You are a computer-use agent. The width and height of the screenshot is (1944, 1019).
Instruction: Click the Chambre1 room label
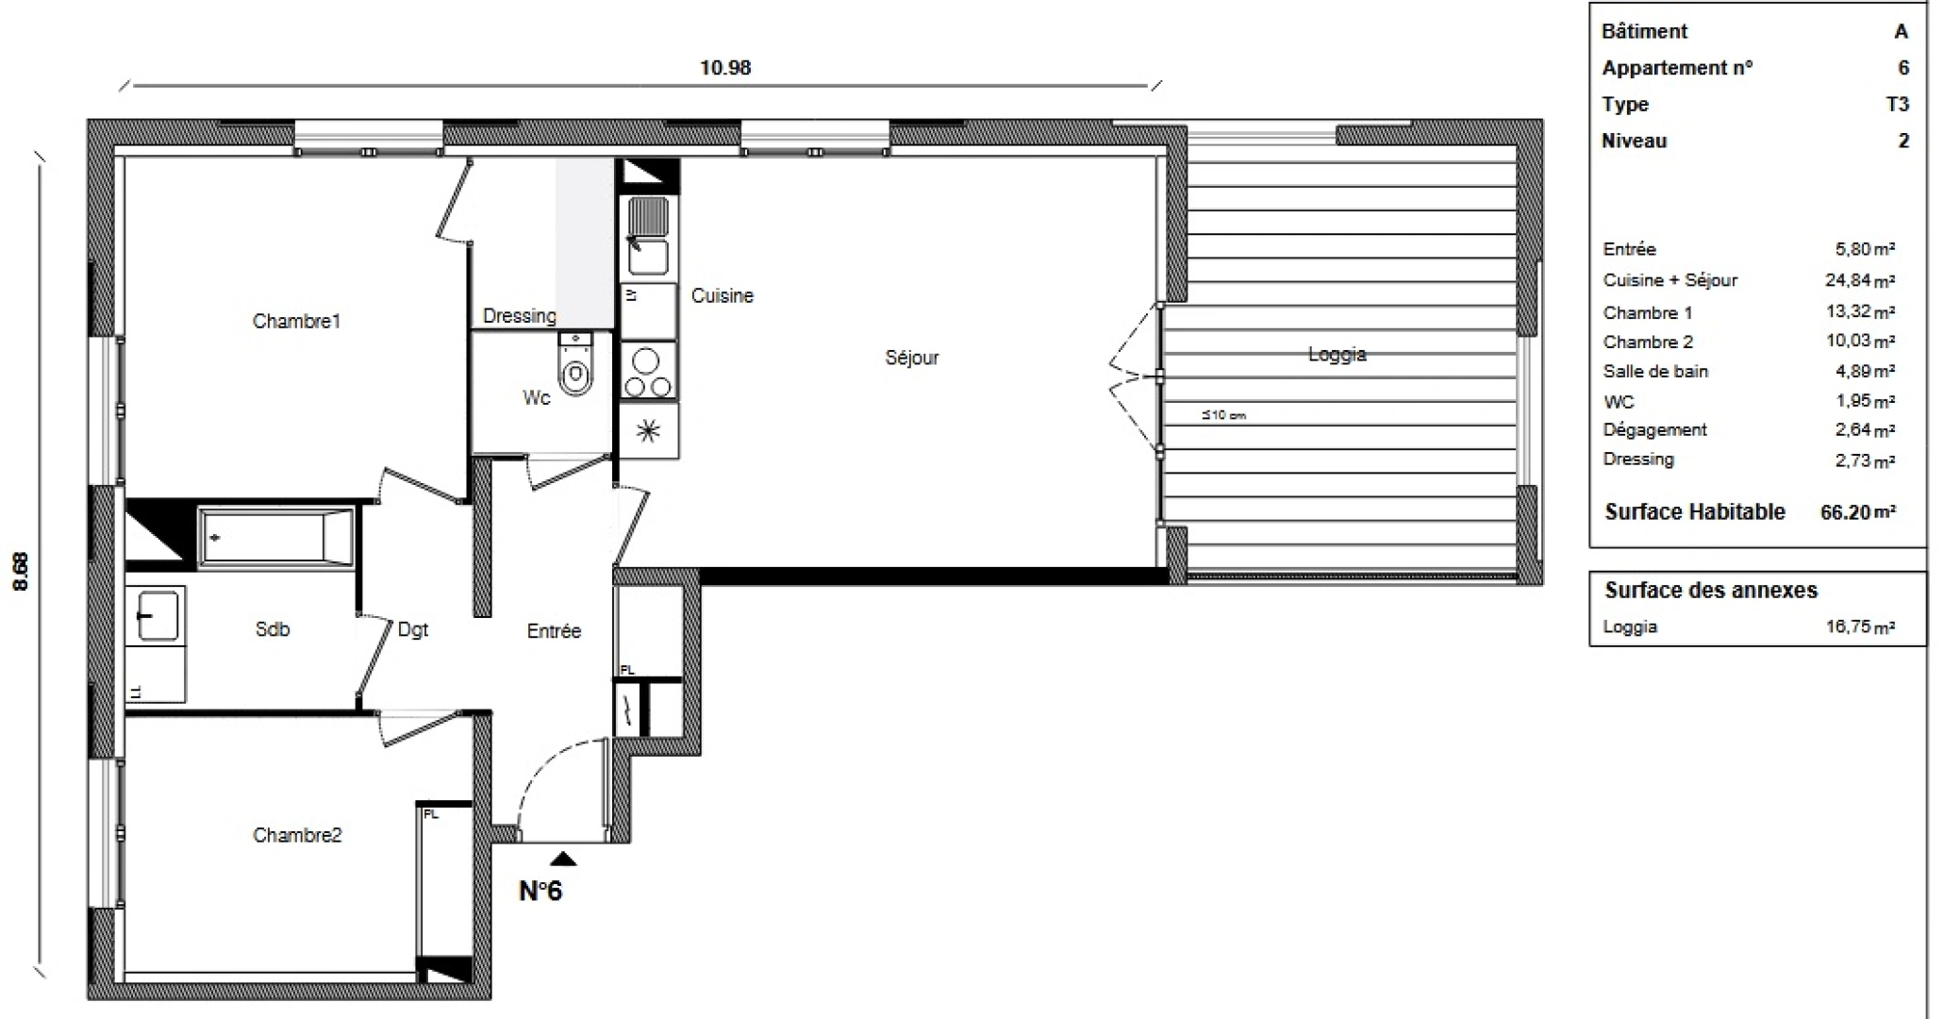[x=295, y=322]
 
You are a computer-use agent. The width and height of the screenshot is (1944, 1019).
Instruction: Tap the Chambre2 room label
[x=297, y=835]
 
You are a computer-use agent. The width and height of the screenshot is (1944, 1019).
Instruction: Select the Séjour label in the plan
[x=911, y=358]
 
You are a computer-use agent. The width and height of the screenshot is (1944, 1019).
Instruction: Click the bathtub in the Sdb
[x=276, y=538]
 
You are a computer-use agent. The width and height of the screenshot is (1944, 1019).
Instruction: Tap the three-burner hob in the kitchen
[x=648, y=374]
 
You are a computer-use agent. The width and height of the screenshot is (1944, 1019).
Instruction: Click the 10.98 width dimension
[x=724, y=68]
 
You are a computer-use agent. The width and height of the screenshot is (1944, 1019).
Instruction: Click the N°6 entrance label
[x=540, y=891]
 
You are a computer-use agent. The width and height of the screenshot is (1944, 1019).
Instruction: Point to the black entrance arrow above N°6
[x=563, y=858]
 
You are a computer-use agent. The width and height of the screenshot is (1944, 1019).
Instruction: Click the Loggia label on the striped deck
[x=1337, y=355]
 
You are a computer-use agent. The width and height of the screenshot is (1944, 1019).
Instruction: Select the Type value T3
[x=1897, y=105]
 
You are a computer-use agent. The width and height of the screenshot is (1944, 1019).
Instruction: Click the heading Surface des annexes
[x=1710, y=591]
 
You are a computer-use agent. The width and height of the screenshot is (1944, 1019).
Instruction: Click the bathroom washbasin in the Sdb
[x=156, y=616]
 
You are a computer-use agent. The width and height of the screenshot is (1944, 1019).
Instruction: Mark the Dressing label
[x=519, y=316]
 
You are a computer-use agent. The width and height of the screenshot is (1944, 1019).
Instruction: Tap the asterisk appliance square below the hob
[x=648, y=432]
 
